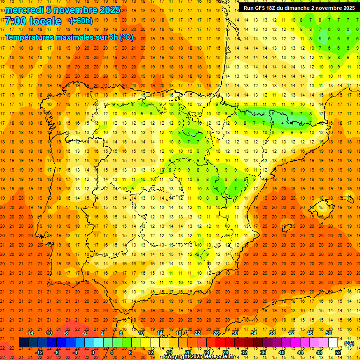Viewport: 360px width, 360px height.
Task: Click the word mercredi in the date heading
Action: tap(24, 10)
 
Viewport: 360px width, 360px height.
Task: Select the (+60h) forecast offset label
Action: tap(81, 21)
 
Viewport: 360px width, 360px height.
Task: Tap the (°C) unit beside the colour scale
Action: tap(349, 343)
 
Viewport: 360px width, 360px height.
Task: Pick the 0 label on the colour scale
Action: tap(93, 352)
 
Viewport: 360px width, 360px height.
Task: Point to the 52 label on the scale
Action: tap(338, 352)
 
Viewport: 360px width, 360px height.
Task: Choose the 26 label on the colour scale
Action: tap(216, 332)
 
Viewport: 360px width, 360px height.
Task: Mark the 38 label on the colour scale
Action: tap(272, 332)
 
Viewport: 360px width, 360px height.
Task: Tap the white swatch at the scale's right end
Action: tap(333, 343)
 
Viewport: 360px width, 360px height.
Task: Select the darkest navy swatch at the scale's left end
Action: tap(23, 343)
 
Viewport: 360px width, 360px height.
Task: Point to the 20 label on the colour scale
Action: tap(188, 352)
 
